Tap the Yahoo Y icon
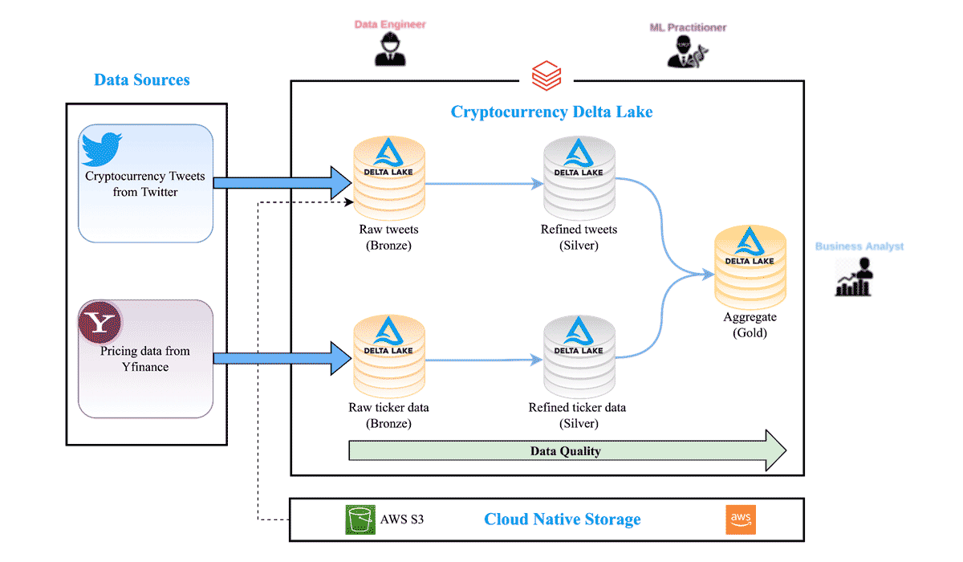[100, 323]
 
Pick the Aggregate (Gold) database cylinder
[750, 265]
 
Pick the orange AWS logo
[740, 520]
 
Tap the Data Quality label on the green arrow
[565, 451]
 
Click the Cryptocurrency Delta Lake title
[551, 112]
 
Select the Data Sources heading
[142, 79]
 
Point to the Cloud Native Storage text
[562, 519]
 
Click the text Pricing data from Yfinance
[145, 359]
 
